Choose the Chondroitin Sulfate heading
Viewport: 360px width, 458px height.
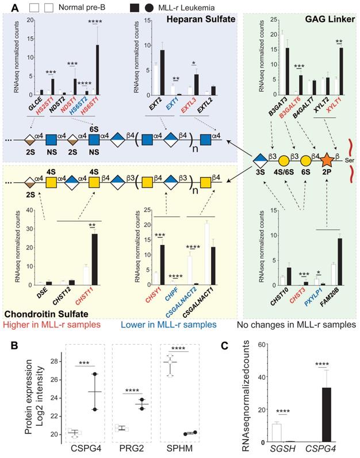(x=46, y=315)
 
